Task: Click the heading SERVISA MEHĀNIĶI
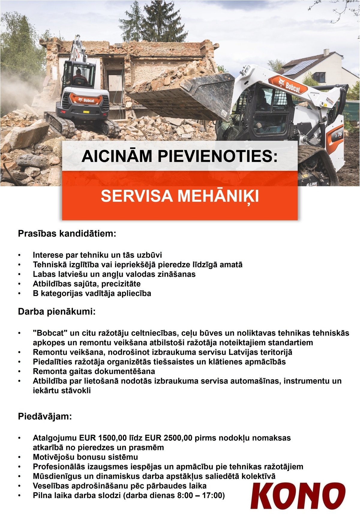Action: (180, 196)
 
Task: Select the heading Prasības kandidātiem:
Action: (67, 234)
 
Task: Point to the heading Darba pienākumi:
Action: (57, 312)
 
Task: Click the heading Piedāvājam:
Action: (45, 417)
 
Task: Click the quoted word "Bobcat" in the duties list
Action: (49, 333)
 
